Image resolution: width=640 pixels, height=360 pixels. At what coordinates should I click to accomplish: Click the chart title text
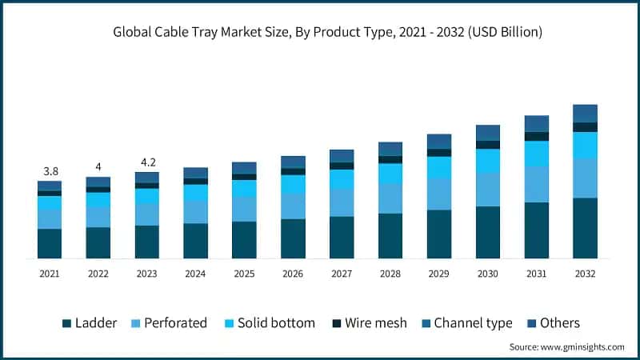pos(320,33)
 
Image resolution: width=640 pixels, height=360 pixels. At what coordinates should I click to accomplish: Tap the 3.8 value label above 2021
pos(50,171)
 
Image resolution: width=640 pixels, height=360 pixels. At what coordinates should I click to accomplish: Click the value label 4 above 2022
pos(98,166)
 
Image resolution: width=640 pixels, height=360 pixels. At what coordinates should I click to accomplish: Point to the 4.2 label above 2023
pos(147,162)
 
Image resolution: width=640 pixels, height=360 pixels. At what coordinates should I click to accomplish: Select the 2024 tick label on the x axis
pos(195,274)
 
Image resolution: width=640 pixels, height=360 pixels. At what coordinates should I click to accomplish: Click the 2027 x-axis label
pos(342,274)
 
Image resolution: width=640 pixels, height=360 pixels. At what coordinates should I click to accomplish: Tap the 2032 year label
pos(585,274)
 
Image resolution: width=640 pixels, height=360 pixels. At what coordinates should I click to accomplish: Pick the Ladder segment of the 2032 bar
pos(585,228)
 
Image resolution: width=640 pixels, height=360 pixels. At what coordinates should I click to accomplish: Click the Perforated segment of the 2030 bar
pos(488,190)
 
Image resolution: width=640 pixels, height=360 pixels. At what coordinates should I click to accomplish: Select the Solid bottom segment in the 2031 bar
pos(537,154)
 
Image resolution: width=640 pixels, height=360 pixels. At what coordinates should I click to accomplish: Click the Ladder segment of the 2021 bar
pos(50,243)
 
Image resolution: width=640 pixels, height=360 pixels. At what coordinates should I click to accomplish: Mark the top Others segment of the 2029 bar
pos(439,142)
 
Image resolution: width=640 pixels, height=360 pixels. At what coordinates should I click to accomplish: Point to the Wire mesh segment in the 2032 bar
pos(585,127)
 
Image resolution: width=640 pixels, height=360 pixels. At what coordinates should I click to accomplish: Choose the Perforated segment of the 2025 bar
pos(244,209)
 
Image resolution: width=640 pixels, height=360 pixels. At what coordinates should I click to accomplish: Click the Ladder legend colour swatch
pos(66,323)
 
